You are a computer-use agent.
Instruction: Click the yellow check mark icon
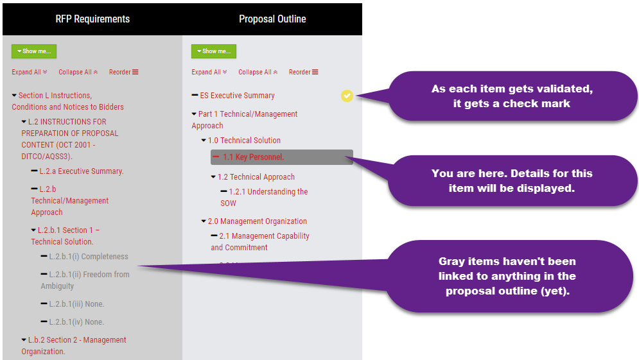tap(347, 96)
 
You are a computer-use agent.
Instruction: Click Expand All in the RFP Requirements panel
tap(29, 72)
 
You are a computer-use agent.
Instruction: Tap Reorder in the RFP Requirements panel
tap(123, 72)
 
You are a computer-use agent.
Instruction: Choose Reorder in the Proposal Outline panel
tap(303, 72)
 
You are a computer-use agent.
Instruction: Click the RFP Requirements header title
tap(92, 19)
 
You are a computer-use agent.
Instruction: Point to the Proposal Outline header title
tap(272, 19)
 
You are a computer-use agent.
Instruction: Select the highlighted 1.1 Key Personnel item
tap(282, 157)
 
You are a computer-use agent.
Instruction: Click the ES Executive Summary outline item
tap(237, 96)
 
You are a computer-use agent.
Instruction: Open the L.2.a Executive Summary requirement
tap(81, 171)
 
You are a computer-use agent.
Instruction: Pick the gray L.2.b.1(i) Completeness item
tap(89, 257)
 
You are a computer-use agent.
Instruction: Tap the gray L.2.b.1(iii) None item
tap(76, 304)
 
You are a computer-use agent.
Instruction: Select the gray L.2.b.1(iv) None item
tap(76, 322)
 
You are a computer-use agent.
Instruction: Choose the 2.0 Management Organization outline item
tap(257, 221)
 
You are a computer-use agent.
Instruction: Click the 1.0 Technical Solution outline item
tap(244, 141)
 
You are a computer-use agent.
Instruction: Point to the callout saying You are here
tap(511, 180)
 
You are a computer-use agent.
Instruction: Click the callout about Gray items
tap(507, 276)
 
